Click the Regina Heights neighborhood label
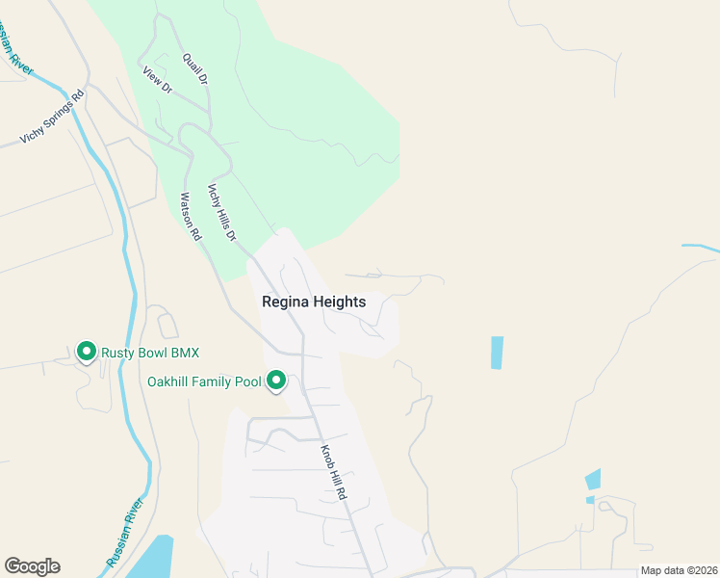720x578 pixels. point(314,302)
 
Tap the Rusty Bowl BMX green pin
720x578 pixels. point(86,352)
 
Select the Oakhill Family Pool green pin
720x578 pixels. point(276,381)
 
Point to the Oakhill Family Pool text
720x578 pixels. point(204,382)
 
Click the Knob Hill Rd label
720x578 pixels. point(332,471)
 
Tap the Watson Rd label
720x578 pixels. point(191,217)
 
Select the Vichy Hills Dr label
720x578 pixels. point(222,211)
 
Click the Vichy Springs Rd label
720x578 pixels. point(53,119)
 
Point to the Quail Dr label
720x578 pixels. point(195,68)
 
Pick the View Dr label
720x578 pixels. point(156,80)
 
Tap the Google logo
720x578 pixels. point(32,566)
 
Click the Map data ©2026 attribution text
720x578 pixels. point(679,570)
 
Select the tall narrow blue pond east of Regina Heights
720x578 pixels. point(497,353)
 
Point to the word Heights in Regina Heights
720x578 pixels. point(341,302)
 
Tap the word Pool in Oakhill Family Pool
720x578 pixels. point(245,382)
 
